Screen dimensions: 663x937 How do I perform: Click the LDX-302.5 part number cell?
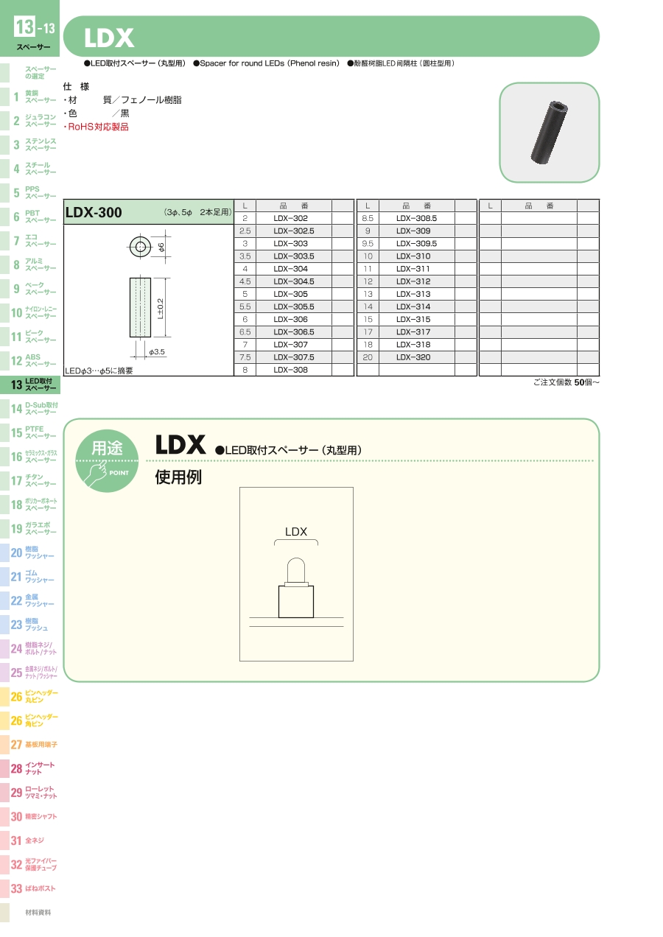[294, 231]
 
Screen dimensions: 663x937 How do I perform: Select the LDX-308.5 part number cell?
[417, 218]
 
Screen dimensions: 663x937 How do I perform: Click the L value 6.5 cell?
[245, 332]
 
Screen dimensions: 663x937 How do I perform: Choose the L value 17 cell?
[368, 332]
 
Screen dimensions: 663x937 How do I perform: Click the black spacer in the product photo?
[549, 132]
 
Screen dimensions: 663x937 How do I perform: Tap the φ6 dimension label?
[161, 248]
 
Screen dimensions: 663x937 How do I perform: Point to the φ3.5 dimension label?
[157, 352]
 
